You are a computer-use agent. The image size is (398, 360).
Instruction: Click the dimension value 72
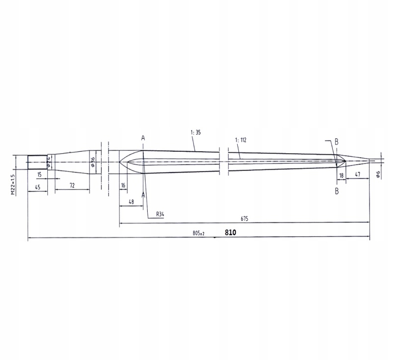pos(72,185)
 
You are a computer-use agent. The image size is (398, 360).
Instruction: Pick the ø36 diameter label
pos(93,162)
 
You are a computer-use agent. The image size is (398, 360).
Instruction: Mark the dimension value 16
pos(123,185)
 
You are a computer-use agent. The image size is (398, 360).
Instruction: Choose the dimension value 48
pos(131,201)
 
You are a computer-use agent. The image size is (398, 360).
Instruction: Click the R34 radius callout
pos(160,214)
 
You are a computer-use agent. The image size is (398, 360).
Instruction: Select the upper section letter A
pos(143,138)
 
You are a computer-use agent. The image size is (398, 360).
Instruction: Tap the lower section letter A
pos(143,195)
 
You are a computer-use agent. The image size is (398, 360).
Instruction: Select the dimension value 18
pos(341,176)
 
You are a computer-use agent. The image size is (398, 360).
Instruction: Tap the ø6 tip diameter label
pos(379,174)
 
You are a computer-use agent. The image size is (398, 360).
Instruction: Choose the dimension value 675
pos(244,219)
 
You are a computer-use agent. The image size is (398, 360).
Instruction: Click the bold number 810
pos(230,232)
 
